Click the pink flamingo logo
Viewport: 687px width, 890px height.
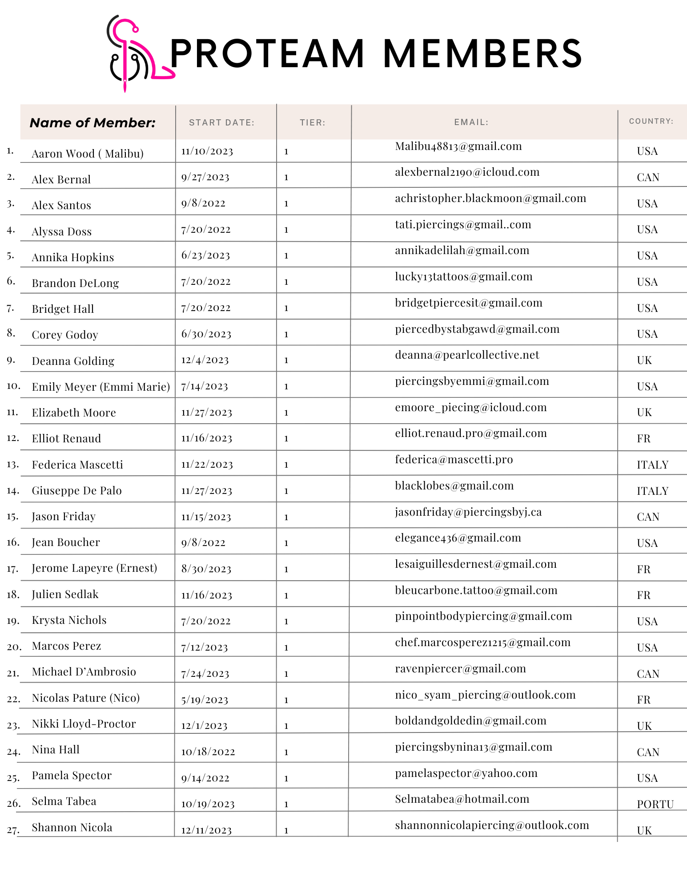[x=133, y=53]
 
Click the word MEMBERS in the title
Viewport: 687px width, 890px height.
[x=482, y=53]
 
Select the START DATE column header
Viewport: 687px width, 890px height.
[x=221, y=123]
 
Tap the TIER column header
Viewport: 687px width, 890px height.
[x=312, y=123]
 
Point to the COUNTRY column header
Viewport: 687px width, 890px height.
[x=651, y=121]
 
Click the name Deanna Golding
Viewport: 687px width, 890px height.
[x=73, y=361]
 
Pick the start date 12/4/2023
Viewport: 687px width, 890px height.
[x=205, y=360]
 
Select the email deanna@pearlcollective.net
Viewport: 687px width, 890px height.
[x=467, y=355]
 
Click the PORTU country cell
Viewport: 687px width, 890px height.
[x=655, y=804]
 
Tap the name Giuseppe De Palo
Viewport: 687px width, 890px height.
[x=76, y=490]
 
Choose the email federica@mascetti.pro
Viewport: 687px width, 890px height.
[x=454, y=460]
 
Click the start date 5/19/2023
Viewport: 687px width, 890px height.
[x=205, y=700]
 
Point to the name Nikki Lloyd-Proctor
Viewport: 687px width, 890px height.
[x=84, y=724]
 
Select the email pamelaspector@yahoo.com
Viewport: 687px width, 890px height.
[x=466, y=773]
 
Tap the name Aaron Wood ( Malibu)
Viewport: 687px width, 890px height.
[x=88, y=154]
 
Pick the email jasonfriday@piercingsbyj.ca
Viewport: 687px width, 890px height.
[x=468, y=512]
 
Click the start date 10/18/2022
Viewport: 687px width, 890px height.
[x=208, y=752]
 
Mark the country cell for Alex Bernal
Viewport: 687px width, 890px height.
[x=648, y=178]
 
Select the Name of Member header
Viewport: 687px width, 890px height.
[x=92, y=123]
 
